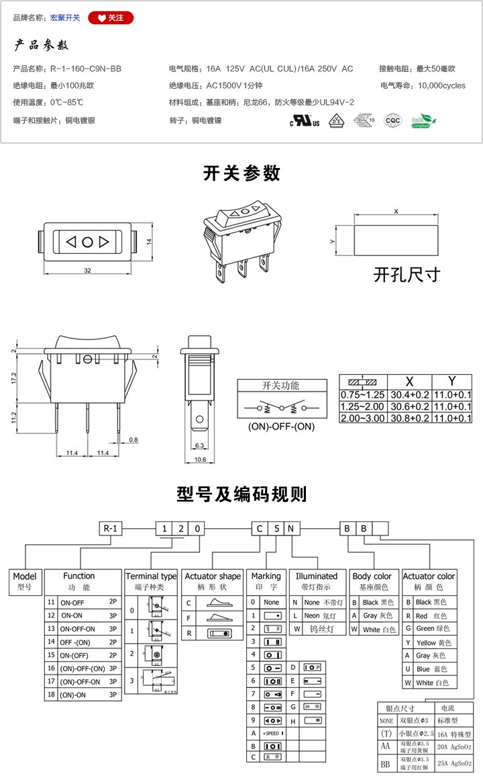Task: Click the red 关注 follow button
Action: (111, 18)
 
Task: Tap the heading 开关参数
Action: (241, 173)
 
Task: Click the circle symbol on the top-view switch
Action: (88, 241)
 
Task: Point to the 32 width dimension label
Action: (88, 270)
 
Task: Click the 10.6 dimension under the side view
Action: (199, 460)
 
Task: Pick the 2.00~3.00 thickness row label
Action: (363, 417)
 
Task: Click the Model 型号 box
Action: (25, 581)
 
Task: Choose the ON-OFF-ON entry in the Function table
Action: (78, 629)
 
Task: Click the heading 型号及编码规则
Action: (241, 495)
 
